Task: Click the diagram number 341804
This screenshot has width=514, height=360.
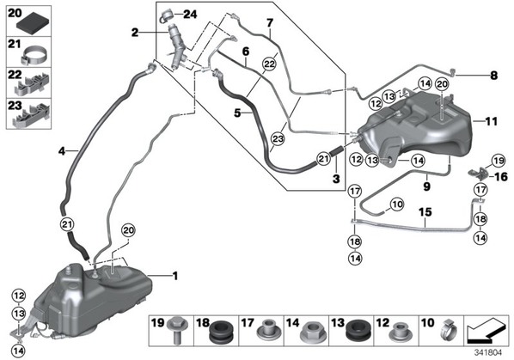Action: point(488,353)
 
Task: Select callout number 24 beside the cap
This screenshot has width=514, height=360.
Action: point(190,14)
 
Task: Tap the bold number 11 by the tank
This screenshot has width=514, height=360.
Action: point(491,121)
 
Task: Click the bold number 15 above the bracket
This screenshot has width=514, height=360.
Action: point(425,212)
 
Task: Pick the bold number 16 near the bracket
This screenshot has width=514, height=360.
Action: point(501,177)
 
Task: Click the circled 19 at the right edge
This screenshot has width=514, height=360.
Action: point(498,161)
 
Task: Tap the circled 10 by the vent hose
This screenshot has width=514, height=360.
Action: point(397,204)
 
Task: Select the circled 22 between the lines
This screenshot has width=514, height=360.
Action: point(269,64)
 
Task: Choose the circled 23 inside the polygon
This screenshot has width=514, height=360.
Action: point(278,139)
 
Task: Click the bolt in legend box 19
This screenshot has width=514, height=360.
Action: point(177,330)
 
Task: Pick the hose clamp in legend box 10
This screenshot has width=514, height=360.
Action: point(448,331)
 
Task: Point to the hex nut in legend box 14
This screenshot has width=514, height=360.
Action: point(309,333)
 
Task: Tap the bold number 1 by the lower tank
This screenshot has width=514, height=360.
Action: point(175,276)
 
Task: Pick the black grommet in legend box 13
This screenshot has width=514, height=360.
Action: point(354,333)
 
